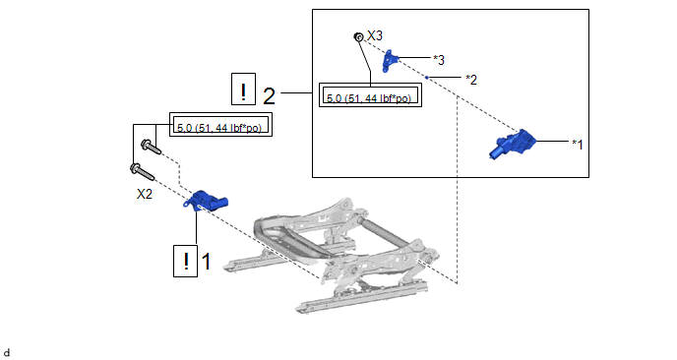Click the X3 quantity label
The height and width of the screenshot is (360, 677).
click(x=375, y=35)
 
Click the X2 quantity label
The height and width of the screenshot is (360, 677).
click(x=145, y=194)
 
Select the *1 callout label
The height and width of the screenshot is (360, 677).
click(x=578, y=145)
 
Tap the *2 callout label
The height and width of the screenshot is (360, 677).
click(x=471, y=80)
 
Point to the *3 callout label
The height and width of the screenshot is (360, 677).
click(x=439, y=60)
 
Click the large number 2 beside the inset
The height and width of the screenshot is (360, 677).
click(x=269, y=95)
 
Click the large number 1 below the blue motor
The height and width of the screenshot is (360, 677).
click(x=207, y=262)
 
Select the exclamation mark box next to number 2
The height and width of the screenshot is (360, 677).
click(x=243, y=89)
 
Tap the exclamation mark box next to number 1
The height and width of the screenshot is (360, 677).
click(x=186, y=261)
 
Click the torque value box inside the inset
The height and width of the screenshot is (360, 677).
click(x=370, y=95)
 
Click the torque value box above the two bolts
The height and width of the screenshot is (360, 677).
click(x=221, y=124)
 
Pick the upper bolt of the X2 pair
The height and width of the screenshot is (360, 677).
click(x=152, y=147)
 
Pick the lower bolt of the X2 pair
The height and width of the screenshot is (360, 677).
click(x=142, y=172)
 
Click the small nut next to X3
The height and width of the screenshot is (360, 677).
click(x=358, y=37)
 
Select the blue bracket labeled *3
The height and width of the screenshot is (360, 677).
click(x=390, y=61)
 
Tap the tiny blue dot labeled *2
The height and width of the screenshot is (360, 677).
click(x=427, y=78)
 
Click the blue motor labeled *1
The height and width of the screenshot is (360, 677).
click(x=513, y=144)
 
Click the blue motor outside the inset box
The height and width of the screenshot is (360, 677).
click(x=205, y=201)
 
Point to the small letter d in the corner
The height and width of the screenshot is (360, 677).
click(x=7, y=353)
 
